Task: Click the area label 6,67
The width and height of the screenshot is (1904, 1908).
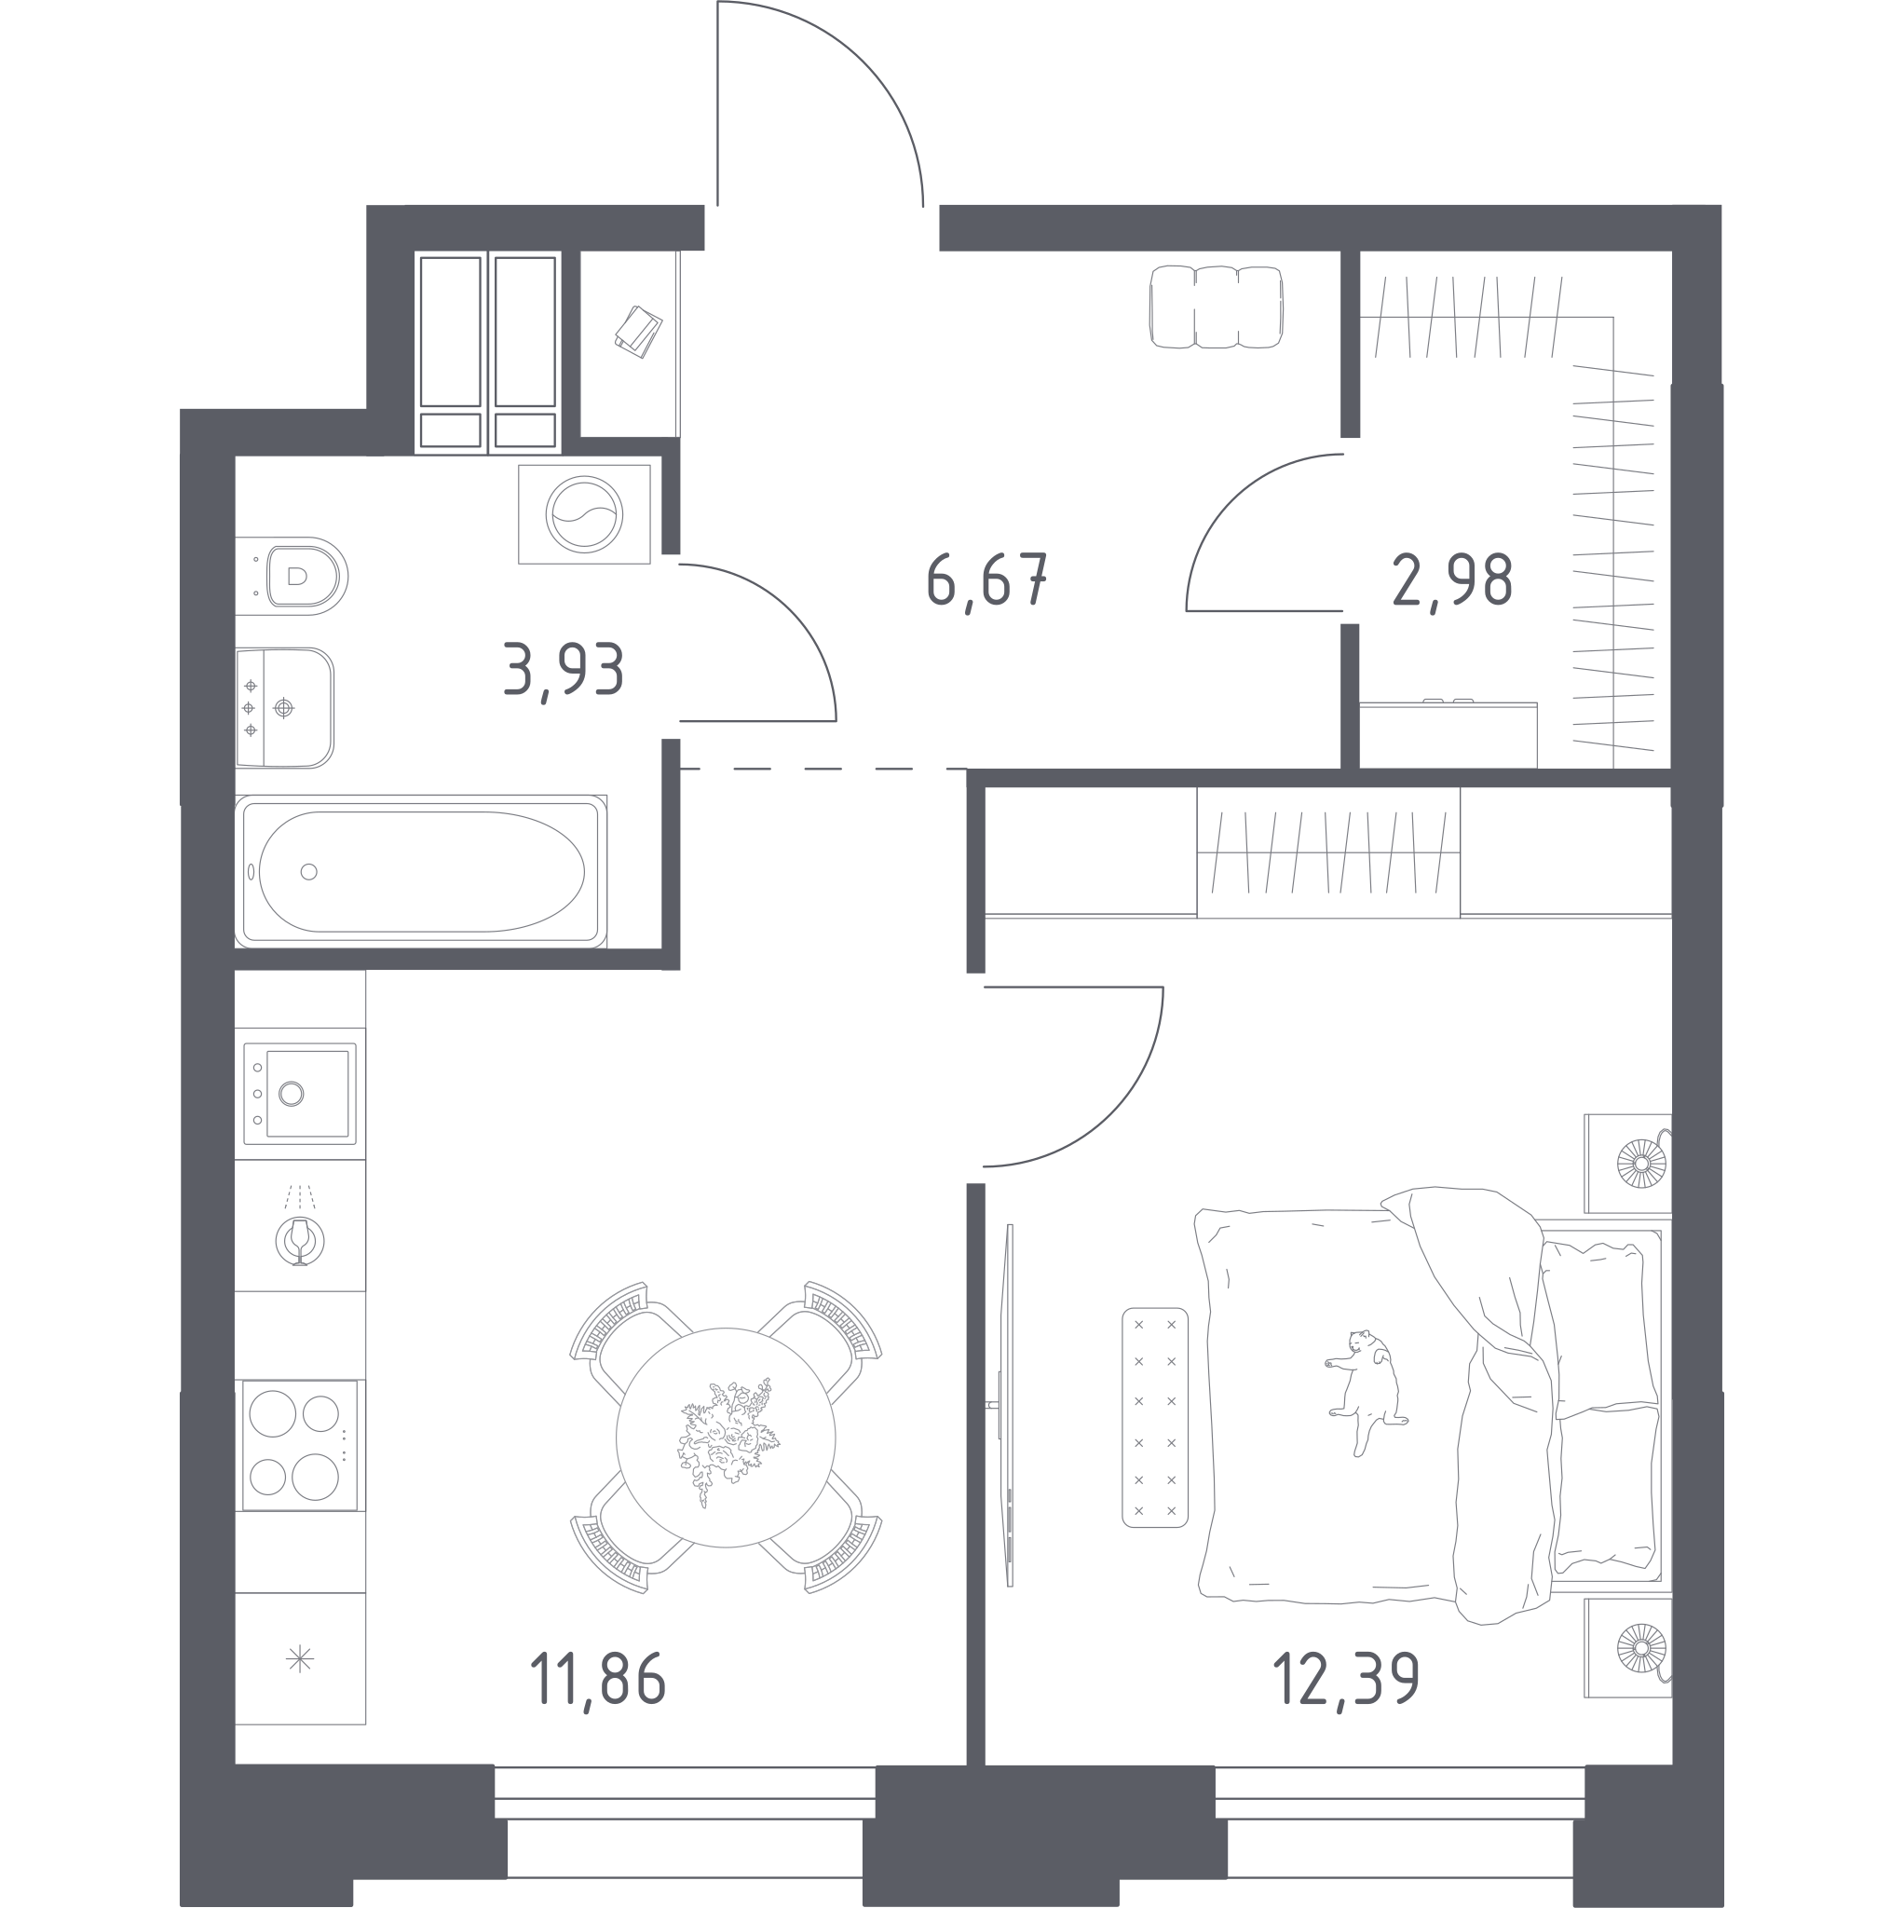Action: [986, 581]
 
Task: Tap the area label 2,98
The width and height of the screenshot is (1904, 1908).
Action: [1451, 580]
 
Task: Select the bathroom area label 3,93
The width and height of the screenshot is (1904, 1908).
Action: [564, 670]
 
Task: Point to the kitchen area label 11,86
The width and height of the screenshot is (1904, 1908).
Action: [598, 1681]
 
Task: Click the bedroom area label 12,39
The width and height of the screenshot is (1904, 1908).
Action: [1346, 1680]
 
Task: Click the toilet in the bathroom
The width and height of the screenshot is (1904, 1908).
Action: [292, 576]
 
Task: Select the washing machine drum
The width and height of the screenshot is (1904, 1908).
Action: [585, 514]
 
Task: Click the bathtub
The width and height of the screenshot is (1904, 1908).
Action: [421, 871]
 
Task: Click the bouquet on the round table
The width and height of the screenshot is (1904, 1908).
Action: [728, 1441]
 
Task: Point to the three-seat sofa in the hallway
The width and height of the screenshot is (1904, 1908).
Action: [1217, 307]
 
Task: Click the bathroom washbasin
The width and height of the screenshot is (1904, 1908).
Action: [284, 707]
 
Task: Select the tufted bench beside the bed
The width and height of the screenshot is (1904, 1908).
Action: [1154, 1417]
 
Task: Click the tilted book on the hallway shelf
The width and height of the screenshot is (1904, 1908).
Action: [638, 331]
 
